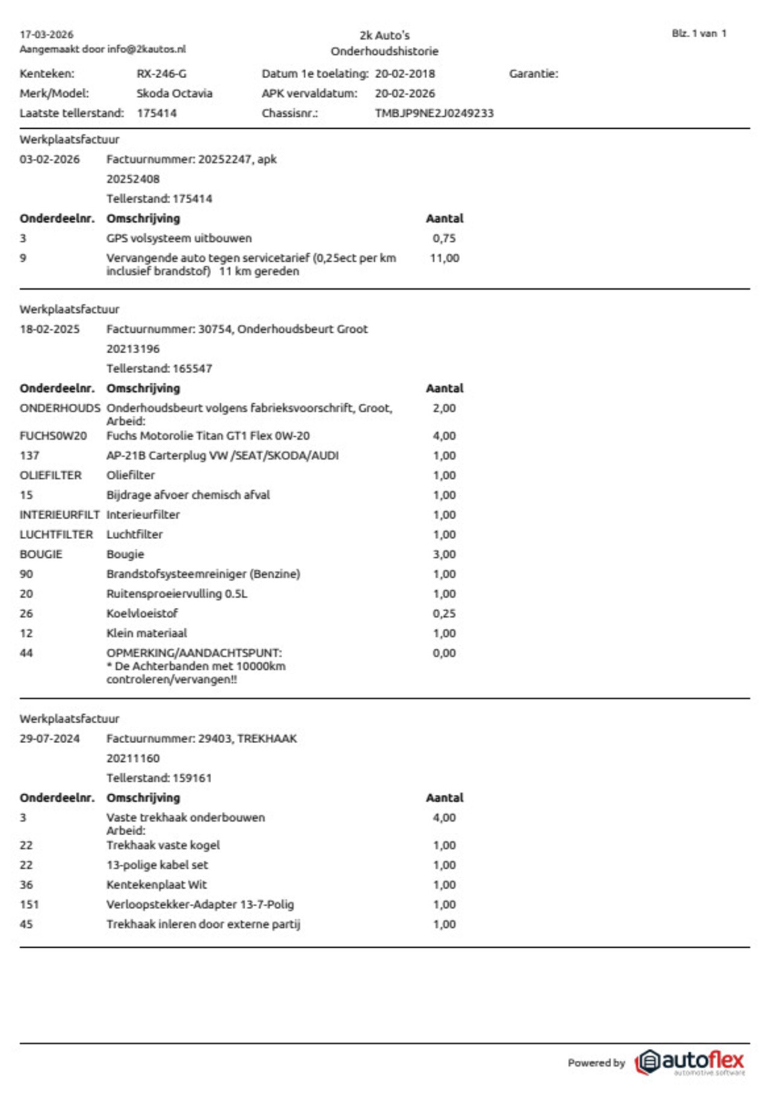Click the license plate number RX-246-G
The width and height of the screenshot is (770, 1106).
click(161, 74)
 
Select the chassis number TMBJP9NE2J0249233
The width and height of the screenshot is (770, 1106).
click(434, 113)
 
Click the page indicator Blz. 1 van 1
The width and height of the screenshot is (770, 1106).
click(699, 34)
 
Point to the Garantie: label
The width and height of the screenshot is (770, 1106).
click(533, 74)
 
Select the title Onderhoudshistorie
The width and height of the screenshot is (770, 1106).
click(384, 51)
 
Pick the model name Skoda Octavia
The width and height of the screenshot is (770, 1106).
click(174, 94)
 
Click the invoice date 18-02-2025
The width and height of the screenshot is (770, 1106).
click(49, 329)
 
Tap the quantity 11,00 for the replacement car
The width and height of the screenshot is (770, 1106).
click(445, 258)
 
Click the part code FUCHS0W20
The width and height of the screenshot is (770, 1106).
click(53, 436)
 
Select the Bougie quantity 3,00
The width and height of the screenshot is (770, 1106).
click(445, 554)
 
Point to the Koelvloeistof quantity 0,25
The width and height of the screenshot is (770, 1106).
click(445, 614)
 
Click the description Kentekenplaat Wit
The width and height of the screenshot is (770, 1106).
click(156, 885)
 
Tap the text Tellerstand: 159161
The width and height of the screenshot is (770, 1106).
click(159, 778)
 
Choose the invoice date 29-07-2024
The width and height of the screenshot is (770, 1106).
click(49, 738)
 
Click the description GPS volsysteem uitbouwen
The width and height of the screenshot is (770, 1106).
click(179, 238)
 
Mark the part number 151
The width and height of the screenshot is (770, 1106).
click(29, 904)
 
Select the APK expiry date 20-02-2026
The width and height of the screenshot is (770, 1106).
click(404, 94)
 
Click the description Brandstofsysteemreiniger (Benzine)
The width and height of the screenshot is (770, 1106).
click(203, 574)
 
